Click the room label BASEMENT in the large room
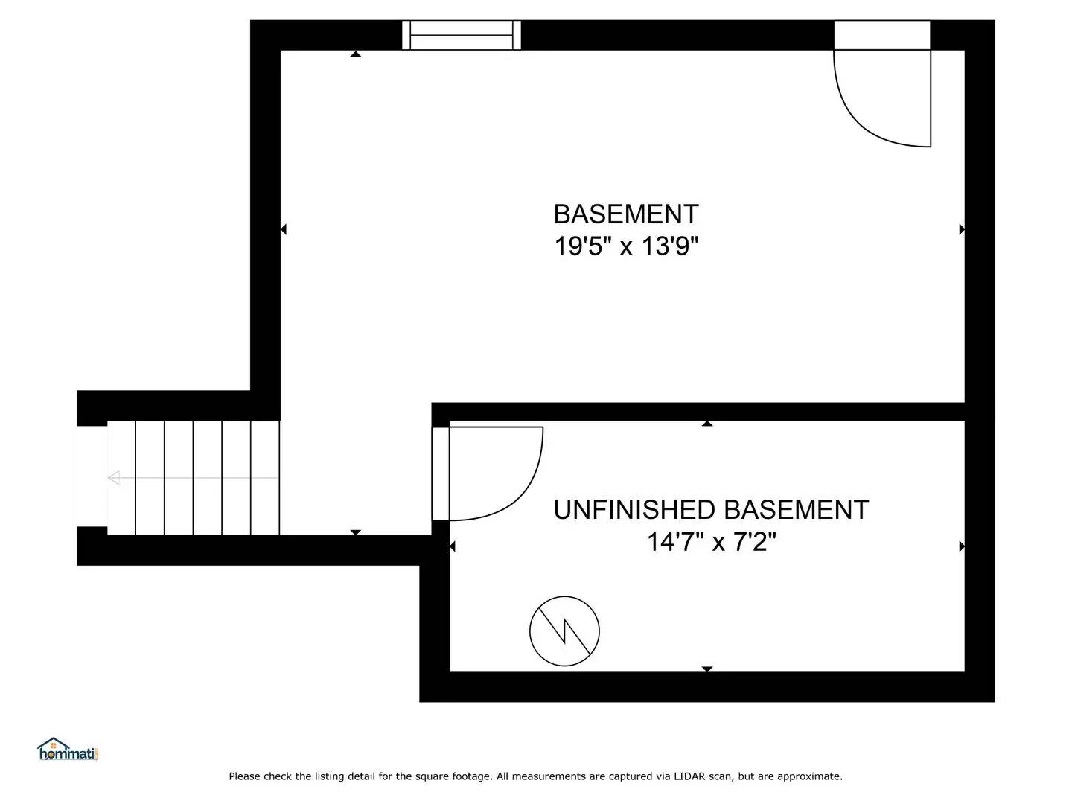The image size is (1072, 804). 626,214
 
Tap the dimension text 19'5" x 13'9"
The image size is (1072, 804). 626,246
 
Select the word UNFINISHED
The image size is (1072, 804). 635,510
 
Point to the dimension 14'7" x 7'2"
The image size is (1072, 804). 711,542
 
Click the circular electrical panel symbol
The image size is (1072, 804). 564,631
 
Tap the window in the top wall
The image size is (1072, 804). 462,35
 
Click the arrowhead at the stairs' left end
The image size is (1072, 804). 114,478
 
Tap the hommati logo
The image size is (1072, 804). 68,750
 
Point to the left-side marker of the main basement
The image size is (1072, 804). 283,229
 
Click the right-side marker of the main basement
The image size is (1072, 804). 962,229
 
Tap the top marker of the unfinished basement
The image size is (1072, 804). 707,424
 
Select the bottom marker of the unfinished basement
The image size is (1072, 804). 707,669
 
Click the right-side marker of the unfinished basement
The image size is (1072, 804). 962,546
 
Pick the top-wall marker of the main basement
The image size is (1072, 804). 356,54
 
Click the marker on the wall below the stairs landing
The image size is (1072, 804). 356,532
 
